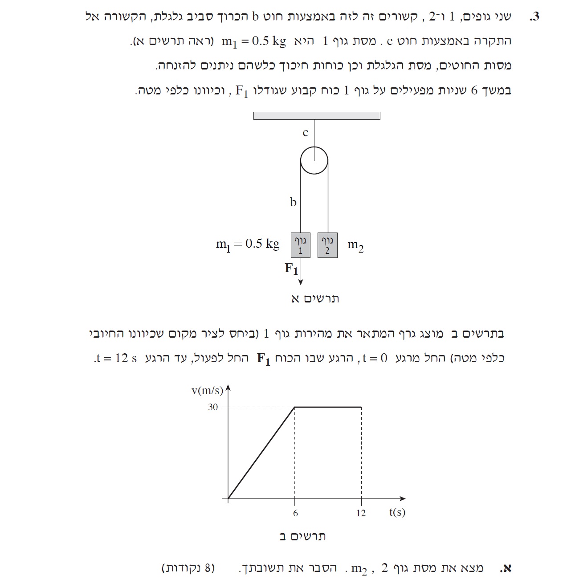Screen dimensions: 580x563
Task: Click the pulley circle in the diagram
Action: click(x=314, y=161)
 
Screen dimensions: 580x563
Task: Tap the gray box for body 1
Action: click(x=301, y=245)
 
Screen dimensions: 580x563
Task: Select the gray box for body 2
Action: click(x=327, y=245)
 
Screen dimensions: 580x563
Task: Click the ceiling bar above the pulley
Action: click(x=317, y=116)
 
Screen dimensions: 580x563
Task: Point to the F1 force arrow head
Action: click(x=301, y=282)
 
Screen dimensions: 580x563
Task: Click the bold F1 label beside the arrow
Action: click(x=291, y=269)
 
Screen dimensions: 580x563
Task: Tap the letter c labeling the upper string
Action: click(x=305, y=133)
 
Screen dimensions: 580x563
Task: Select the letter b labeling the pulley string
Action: click(x=293, y=202)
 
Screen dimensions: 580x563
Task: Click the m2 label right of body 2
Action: click(x=355, y=245)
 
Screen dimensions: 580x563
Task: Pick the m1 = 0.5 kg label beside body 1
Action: click(x=248, y=244)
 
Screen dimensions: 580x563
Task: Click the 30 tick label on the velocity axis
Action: click(x=213, y=407)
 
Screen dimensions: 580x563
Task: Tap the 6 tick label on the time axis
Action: click(x=295, y=513)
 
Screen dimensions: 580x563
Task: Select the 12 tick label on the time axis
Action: click(x=361, y=513)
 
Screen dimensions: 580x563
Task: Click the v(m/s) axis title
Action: click(x=207, y=391)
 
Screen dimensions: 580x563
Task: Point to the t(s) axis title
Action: click(x=397, y=512)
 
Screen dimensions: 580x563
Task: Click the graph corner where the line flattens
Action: click(x=294, y=407)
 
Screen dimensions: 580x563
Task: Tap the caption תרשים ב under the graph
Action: click(x=302, y=536)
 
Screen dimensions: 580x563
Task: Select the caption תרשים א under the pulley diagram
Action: click(x=315, y=298)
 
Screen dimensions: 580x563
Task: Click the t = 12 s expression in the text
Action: click(x=117, y=358)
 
